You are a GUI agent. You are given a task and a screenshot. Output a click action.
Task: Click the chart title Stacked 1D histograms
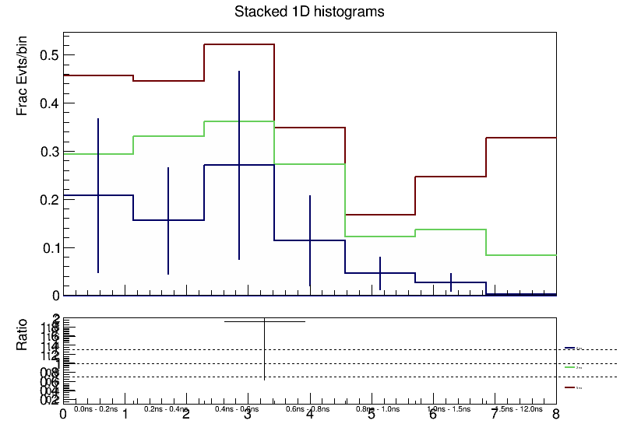click(309, 12)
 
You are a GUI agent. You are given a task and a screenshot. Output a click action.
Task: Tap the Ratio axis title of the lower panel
click(23, 335)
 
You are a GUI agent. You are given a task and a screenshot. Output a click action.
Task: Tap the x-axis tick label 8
click(555, 415)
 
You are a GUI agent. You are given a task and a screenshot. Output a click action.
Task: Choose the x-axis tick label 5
click(371, 415)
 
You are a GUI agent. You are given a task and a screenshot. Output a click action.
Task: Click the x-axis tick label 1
click(125, 415)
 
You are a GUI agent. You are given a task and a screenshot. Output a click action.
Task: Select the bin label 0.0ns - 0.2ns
click(96, 408)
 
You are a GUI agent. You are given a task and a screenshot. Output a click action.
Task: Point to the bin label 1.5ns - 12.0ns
click(520, 408)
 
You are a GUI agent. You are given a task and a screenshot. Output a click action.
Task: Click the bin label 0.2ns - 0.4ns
click(166, 408)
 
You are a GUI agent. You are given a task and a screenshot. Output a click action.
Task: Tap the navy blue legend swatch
click(569, 348)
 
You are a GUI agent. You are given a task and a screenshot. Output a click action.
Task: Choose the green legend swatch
click(569, 366)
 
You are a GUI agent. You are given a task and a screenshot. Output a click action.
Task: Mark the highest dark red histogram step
click(239, 44)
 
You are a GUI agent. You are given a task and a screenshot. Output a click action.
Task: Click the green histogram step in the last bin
click(521, 254)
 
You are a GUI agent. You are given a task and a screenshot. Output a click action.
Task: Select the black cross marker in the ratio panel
click(265, 321)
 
